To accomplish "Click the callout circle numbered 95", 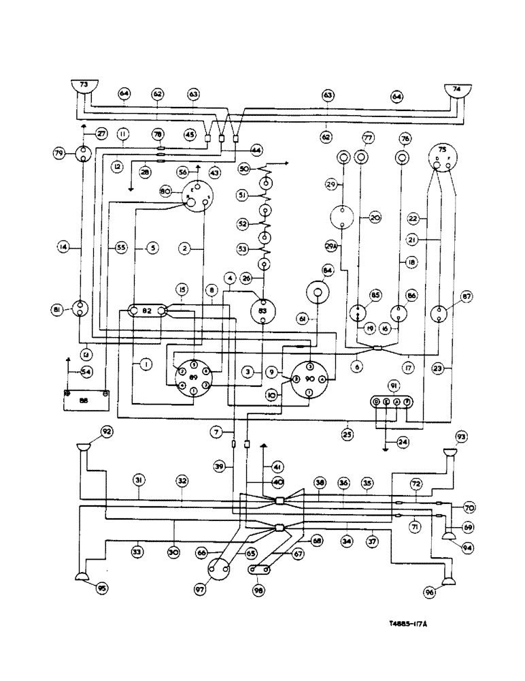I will tap(101, 588).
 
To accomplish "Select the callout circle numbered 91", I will tap(394, 385).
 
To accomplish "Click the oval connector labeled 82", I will tap(146, 311).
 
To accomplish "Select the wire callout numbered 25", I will tap(348, 433).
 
